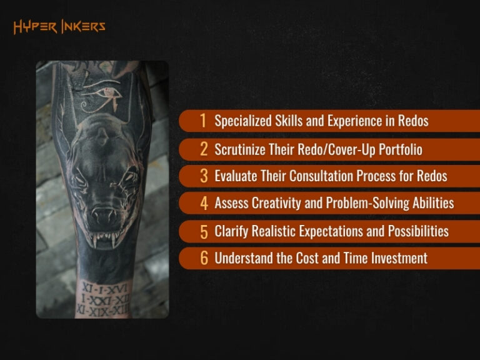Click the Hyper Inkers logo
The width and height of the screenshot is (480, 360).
click(59, 26)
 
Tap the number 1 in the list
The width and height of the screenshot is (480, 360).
click(203, 121)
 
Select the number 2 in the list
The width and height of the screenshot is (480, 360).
click(204, 149)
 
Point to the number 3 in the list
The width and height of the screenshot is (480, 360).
click(204, 176)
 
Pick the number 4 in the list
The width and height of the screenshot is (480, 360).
click(204, 204)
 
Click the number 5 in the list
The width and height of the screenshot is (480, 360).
click(204, 231)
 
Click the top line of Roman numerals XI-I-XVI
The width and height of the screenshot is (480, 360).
click(103, 289)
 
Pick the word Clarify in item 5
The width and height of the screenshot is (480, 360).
click(231, 231)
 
